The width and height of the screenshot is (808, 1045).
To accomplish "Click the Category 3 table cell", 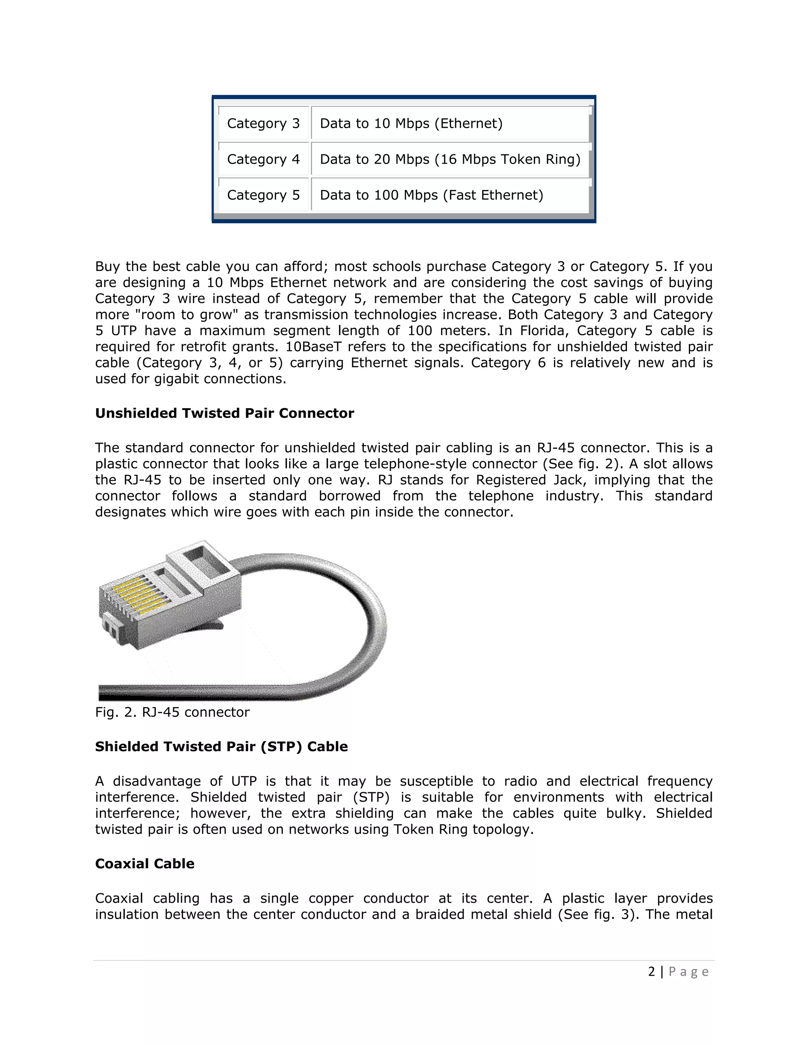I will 263,123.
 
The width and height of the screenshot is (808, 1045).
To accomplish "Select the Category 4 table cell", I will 263,159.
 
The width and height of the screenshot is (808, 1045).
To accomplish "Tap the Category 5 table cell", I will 263,195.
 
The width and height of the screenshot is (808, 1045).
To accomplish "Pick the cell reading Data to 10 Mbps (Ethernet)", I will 411,123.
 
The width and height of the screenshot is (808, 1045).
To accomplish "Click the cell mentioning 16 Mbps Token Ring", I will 507,159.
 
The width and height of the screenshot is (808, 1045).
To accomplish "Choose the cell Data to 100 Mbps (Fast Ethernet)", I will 431,195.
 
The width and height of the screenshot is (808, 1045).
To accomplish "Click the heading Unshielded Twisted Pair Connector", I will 224,413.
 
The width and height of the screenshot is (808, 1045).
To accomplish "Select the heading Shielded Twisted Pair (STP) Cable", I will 221,746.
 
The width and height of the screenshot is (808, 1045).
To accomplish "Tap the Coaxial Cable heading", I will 144,864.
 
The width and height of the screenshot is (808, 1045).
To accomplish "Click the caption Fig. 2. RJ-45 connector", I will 172,713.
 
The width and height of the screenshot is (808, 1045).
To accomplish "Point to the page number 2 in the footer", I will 651,972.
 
